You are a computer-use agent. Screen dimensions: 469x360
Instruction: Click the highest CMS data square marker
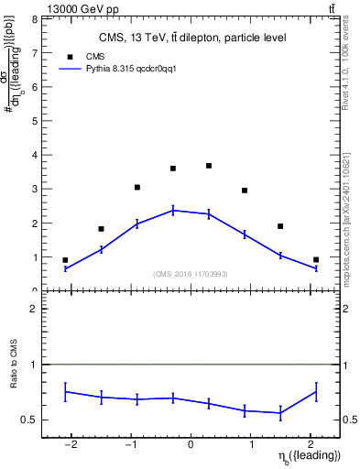pos(209,166)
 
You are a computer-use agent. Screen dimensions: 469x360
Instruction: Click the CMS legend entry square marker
pos(68,57)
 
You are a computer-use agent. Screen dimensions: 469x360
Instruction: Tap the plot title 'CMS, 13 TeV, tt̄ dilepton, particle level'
pos(192,38)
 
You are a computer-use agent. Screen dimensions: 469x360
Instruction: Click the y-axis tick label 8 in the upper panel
pos(33,18)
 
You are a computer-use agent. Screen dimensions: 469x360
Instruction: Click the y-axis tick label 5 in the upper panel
pos(33,121)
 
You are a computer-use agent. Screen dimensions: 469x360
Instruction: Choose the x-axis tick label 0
pos(191,444)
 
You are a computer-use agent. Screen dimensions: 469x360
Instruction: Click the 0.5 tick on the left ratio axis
pos(29,420)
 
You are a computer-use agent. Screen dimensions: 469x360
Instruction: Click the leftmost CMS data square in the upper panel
pos(65,260)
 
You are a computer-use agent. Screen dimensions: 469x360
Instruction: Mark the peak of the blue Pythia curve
pos(173,210)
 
